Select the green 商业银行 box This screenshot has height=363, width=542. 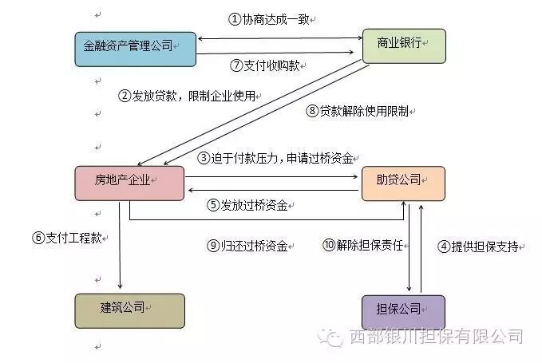403,45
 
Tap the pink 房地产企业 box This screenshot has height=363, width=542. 129,183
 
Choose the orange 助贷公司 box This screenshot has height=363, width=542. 403,183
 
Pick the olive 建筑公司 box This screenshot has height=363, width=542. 129,310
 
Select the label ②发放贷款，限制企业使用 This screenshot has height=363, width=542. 188,97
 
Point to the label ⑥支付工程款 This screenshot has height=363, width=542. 67,237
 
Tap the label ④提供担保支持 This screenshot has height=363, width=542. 480,247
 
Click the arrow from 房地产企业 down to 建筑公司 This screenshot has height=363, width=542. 120,247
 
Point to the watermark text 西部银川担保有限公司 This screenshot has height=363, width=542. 436,337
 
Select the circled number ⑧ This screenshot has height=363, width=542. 312,111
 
